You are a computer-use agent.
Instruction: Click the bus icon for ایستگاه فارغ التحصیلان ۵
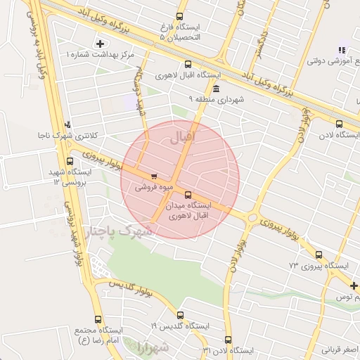coord(179,16)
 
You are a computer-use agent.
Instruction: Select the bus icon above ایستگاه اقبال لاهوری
coord(187,65)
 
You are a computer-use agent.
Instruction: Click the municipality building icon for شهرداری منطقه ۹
coord(215,89)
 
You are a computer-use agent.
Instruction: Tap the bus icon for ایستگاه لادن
coord(340,124)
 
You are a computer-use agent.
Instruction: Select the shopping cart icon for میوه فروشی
coord(154,176)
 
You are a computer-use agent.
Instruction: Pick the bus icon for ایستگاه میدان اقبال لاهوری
coord(187,195)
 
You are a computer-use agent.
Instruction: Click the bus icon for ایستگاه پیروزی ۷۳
coord(320,255)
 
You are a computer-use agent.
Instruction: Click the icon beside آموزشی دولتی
coord(342,50)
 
